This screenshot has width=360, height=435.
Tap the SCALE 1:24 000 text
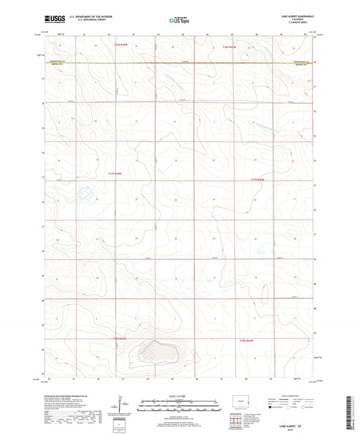tap(179, 395)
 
